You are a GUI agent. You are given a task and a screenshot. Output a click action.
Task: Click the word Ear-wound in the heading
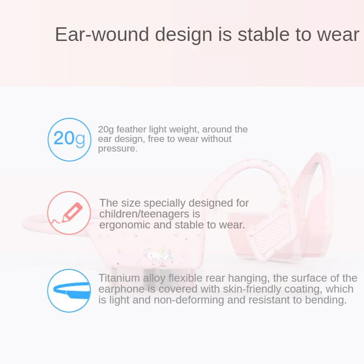(102, 35)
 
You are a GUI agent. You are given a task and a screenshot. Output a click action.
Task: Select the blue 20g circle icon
(69, 140)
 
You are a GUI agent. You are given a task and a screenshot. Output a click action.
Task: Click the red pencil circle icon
(69, 212)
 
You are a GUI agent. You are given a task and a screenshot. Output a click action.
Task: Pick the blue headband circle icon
(69, 291)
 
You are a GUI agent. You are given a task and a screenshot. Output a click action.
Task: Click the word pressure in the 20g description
(117, 149)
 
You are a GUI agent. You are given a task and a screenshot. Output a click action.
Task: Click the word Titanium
(119, 278)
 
